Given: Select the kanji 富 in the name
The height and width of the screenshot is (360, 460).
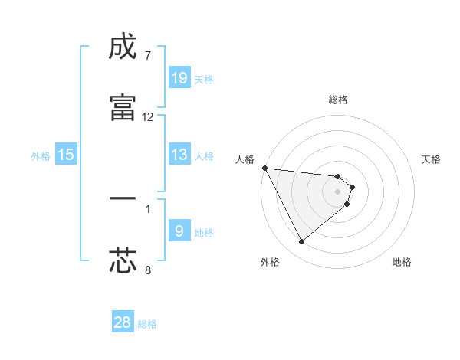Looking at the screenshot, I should pyautogui.click(x=123, y=107).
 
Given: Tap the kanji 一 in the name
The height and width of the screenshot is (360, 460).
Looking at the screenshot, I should pyautogui.click(x=123, y=198).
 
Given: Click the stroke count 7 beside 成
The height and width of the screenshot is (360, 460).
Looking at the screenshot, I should pyautogui.click(x=147, y=56).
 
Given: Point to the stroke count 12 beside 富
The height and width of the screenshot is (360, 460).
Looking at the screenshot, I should pyautogui.click(x=148, y=117).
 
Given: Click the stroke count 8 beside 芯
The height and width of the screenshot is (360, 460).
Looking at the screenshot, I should pyautogui.click(x=147, y=270).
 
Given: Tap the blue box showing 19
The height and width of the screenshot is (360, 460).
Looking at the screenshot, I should pyautogui.click(x=179, y=78).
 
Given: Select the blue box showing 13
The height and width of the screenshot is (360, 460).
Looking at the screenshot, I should pyautogui.click(x=179, y=155).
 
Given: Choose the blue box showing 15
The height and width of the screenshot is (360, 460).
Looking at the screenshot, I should pyautogui.click(x=66, y=155).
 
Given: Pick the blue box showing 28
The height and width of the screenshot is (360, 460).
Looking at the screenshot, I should pyautogui.click(x=123, y=322).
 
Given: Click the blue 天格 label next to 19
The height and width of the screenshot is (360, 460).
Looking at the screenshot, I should pyautogui.click(x=204, y=80).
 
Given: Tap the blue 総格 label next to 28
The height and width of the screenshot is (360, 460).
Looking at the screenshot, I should pyautogui.click(x=147, y=324).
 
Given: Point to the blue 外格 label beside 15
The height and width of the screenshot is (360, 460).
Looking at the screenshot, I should pyautogui.click(x=41, y=156).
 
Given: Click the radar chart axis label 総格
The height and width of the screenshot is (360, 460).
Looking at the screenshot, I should pyautogui.click(x=338, y=100).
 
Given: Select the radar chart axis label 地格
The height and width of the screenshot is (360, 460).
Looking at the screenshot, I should pyautogui.click(x=402, y=262).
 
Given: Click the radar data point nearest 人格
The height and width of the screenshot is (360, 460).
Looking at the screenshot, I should pyautogui.click(x=264, y=168).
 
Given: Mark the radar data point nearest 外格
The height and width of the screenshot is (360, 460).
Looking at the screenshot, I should pyautogui.click(x=301, y=242).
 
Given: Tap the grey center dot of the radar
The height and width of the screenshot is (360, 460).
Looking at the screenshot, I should pyautogui.click(x=338, y=191).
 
